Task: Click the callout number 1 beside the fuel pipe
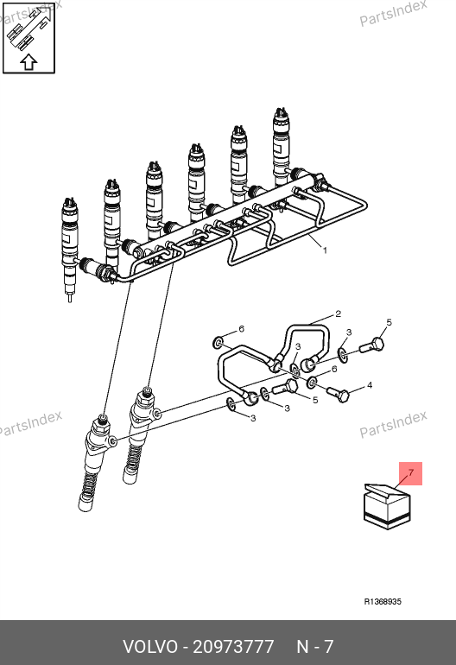pos(325,250)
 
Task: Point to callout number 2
pos(338,313)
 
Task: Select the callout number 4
pos(370,385)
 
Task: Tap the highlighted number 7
pos(410,473)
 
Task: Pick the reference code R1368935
pos(383,601)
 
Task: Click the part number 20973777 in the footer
pos(233,647)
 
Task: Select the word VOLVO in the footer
pos(150,647)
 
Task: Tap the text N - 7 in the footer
pos(315,647)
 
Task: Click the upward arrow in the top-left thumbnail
pos(28,62)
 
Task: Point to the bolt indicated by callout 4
pos(338,395)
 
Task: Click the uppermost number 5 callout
pos(389,323)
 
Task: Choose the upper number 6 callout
pos(241,329)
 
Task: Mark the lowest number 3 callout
pos(253,419)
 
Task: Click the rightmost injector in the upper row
pos(282,149)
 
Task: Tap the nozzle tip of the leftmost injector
pos(70,299)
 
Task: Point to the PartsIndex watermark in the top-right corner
pos(393,13)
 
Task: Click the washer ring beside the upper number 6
pos(218,343)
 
